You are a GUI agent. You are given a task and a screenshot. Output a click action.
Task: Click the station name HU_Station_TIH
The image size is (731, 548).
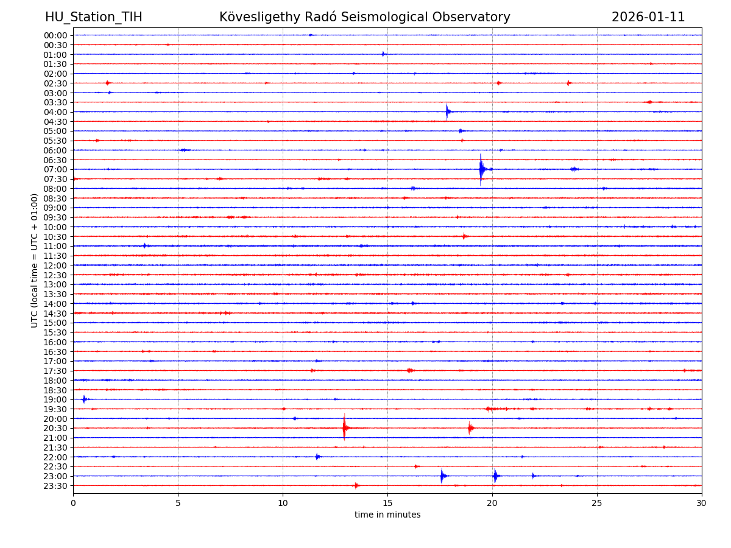coord(93,18)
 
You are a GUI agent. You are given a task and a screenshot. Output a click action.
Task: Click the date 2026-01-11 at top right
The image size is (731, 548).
coord(648,18)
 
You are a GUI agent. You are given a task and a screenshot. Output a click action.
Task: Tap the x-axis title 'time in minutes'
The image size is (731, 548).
coord(387,515)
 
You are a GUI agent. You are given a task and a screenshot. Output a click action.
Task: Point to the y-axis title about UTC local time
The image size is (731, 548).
coord(35,260)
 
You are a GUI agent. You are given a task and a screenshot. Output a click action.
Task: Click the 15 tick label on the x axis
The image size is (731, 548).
coord(387,503)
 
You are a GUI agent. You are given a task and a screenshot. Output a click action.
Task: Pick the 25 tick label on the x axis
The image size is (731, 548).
coord(597,503)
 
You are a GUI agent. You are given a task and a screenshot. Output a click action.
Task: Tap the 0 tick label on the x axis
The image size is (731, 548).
coord(73,503)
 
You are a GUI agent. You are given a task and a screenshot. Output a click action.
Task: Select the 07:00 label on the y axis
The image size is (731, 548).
coord(55,169)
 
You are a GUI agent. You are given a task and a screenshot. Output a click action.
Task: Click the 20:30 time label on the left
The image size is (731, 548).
coord(55,428)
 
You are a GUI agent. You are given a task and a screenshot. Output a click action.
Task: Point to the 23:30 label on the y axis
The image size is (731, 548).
coord(55,486)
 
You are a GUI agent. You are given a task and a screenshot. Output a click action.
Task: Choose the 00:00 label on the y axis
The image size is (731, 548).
coord(55,35)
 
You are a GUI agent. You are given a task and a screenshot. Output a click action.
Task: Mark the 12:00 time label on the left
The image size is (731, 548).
coord(55,265)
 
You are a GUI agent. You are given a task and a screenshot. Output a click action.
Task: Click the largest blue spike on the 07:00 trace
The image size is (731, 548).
coord(481,169)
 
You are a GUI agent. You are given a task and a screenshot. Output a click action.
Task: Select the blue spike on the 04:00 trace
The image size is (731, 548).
coord(447,111)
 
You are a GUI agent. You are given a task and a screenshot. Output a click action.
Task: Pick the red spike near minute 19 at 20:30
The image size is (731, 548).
coord(470,428)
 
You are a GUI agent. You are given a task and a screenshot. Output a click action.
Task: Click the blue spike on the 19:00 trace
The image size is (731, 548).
coord(84,399)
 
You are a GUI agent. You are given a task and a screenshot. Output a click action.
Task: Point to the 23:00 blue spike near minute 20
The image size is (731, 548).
coord(495,476)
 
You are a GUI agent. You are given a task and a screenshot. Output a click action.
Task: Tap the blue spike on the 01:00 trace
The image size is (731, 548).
coord(383,54)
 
